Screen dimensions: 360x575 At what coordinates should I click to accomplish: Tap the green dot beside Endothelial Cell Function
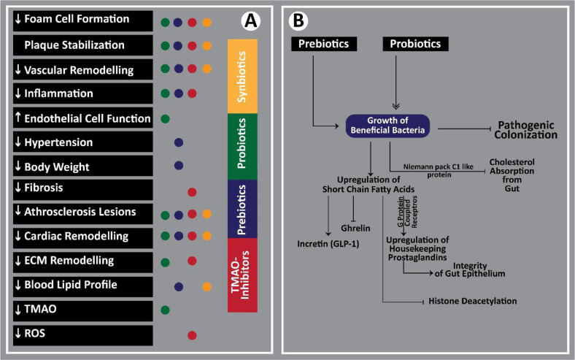coord(165,118)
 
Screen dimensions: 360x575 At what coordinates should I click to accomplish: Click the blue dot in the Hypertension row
coord(179,142)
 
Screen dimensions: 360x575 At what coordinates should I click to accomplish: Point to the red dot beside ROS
coord(192,335)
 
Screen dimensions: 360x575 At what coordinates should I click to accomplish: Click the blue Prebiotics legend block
coord(247,209)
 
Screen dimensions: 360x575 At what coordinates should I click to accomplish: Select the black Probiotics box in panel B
coord(414,45)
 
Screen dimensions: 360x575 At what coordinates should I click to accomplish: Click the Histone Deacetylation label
coord(473,300)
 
